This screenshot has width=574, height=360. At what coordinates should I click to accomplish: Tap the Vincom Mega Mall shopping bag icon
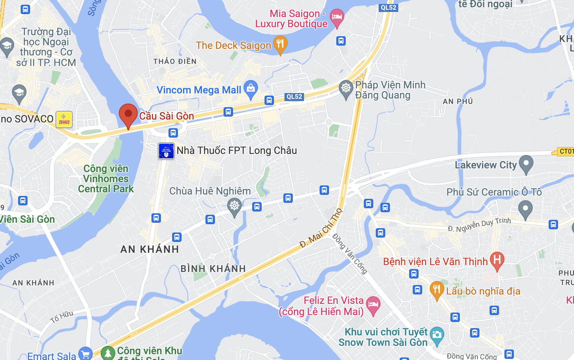click(251, 89)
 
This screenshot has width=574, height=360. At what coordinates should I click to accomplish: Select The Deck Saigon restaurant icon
click(280, 44)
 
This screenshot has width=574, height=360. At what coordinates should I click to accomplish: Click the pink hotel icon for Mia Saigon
click(337, 17)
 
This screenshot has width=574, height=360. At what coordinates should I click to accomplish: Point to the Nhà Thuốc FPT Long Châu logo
click(166, 151)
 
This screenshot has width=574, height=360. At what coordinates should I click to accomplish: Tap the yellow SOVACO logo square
click(64, 120)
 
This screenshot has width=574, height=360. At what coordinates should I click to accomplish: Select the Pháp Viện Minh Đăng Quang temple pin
click(346, 88)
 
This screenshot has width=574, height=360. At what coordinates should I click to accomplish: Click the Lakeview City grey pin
click(526, 164)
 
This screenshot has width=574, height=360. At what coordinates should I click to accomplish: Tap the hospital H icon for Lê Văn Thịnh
click(497, 260)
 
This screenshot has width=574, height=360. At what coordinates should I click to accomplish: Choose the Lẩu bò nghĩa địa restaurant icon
click(437, 290)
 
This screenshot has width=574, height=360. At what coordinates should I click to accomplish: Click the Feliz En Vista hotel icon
click(373, 305)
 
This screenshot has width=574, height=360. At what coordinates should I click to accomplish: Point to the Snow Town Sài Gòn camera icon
click(437, 335)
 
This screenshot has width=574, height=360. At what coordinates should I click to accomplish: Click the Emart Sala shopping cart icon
click(86, 354)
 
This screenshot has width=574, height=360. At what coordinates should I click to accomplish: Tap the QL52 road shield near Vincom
click(294, 97)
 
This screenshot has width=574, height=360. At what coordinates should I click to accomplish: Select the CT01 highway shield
click(566, 151)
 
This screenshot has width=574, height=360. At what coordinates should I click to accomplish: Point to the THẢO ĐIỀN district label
click(175, 61)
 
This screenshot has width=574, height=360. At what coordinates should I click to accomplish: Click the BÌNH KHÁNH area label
click(213, 269)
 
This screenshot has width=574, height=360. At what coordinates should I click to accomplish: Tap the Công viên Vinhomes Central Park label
click(106, 179)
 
